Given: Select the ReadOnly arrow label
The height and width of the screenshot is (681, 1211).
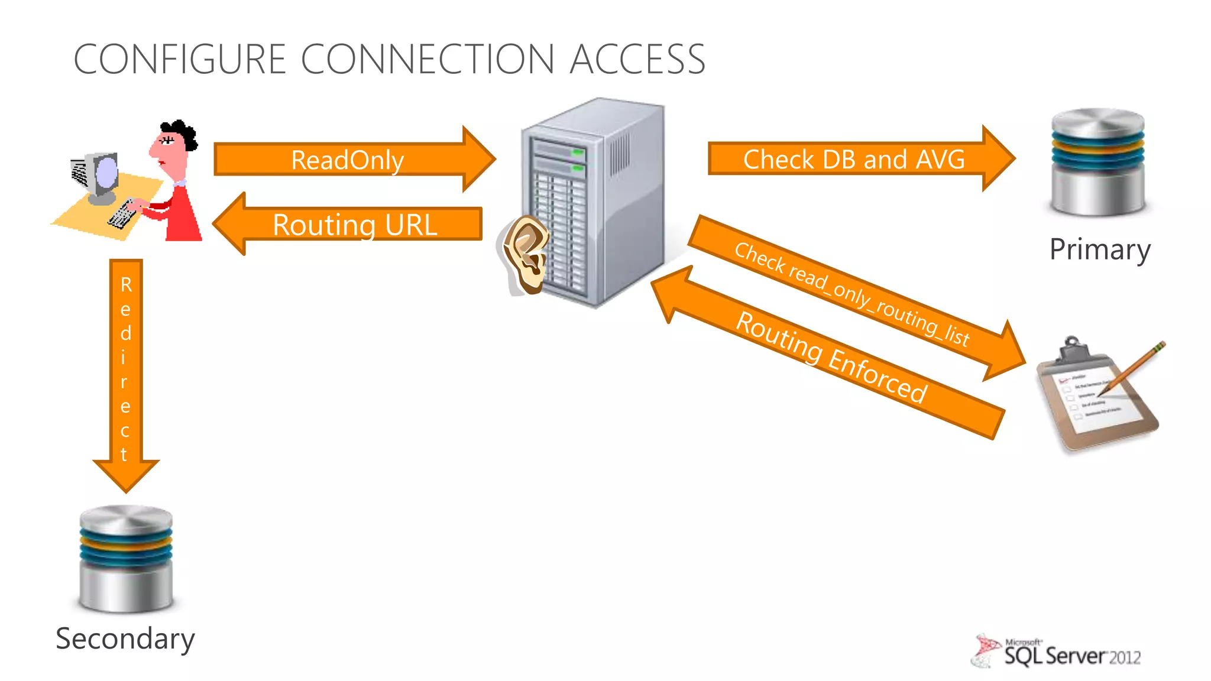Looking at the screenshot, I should click(347, 160).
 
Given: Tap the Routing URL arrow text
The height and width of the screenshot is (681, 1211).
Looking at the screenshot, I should click(355, 225).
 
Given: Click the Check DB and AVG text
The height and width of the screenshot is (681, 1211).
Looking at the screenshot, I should click(853, 160).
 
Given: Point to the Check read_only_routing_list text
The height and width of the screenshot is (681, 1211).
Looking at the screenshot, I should click(851, 294).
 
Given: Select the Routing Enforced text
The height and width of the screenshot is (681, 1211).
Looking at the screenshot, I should click(831, 357).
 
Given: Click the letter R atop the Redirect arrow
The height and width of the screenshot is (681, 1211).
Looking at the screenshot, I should click(126, 285).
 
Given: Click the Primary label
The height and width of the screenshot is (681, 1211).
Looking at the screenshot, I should click(1099, 249).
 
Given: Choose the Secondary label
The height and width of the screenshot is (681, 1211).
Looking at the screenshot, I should click(125, 639).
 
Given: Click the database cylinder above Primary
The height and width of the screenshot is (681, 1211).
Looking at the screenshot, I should click(1097, 162).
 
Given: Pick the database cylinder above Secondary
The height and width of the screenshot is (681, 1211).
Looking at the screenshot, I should click(126, 558).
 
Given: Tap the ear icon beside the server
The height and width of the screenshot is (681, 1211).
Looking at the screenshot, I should click(526, 254).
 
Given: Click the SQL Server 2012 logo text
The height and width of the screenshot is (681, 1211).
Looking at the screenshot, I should click(1071, 656).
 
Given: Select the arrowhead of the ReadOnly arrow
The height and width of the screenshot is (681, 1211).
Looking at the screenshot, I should click(478, 159).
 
